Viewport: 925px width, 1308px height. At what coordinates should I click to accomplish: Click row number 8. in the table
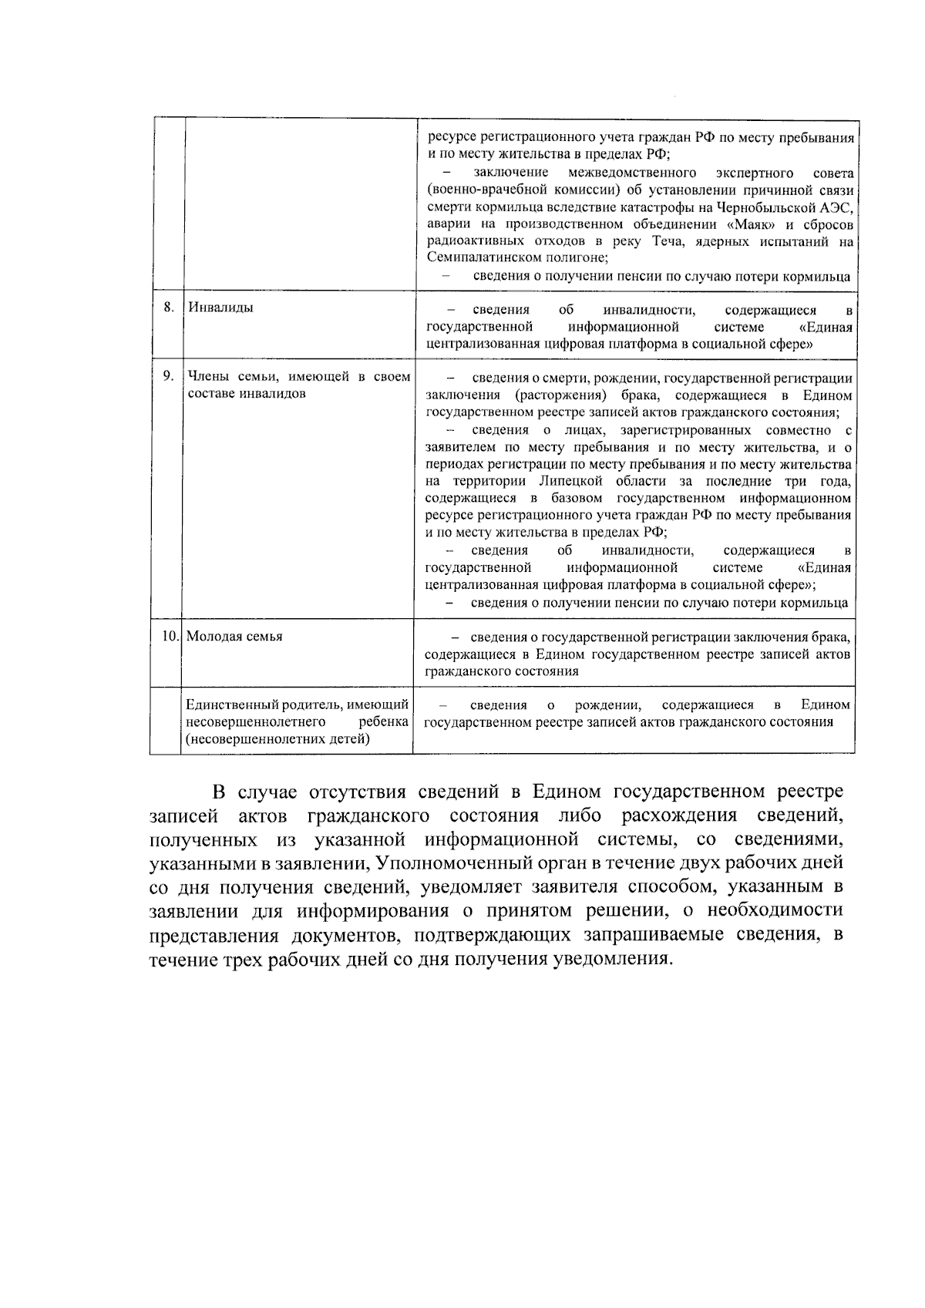169,308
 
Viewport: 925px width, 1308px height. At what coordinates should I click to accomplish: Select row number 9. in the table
168,376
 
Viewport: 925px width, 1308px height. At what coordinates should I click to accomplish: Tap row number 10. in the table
170,637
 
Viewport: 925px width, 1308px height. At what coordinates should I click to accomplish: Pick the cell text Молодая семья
234,637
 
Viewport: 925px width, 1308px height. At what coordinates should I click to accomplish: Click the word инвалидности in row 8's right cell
650,311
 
